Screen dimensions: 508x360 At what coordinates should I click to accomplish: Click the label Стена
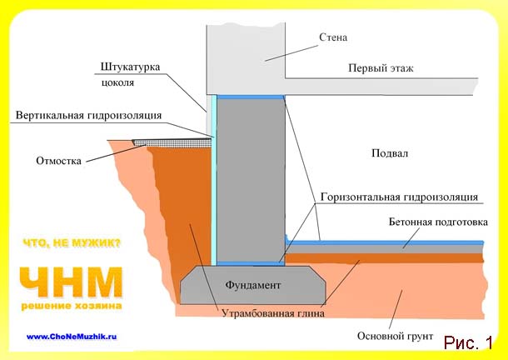tap(333, 37)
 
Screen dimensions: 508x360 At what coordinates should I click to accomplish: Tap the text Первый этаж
tap(381, 68)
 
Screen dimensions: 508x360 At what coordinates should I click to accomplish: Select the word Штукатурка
tap(130, 67)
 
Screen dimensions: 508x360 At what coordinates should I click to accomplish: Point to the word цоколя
tap(117, 82)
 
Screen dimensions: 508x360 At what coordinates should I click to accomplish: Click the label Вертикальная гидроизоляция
tap(88, 116)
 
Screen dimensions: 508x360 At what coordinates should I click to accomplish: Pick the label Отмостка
tap(58, 161)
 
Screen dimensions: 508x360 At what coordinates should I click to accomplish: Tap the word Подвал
tap(390, 153)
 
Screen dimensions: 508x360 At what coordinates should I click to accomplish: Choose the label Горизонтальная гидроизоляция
tap(399, 197)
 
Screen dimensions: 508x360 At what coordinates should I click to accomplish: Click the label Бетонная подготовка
tap(438, 222)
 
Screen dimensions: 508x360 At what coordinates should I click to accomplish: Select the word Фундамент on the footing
tap(252, 285)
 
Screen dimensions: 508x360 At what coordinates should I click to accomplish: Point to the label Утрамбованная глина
tap(273, 313)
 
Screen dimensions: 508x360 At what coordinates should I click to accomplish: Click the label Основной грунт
tap(395, 336)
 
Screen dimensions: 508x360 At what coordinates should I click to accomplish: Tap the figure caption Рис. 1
tap(468, 342)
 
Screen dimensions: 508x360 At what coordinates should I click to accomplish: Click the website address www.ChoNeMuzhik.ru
tap(72, 337)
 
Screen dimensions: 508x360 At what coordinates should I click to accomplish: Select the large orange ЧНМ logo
tap(71, 282)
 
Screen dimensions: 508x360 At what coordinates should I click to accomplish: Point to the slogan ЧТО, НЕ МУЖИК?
tap(72, 243)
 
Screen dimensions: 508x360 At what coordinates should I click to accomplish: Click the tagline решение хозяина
tap(72, 306)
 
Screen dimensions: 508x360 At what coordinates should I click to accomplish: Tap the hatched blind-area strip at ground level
tap(172, 142)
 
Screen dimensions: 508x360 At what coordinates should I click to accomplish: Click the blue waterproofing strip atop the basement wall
tap(250, 97)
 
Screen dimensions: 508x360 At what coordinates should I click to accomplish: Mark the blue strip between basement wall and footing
tap(250, 263)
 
